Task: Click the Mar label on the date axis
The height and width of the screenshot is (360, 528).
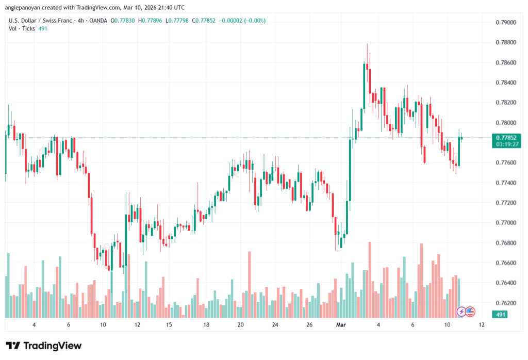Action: pos(341,325)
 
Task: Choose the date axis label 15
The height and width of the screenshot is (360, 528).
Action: pos(169,325)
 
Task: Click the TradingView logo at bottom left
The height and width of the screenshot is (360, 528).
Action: pos(44,346)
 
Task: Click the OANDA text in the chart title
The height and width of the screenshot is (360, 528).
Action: pos(98,20)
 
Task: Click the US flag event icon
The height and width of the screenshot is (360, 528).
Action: pos(470,312)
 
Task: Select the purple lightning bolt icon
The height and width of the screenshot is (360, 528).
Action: pos(462,312)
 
